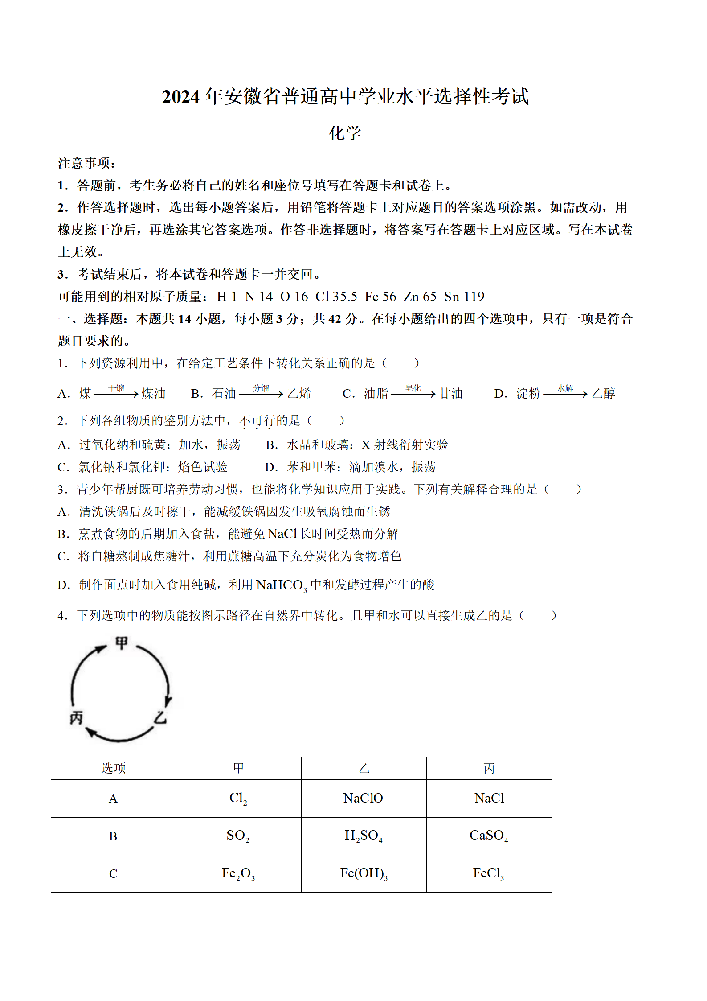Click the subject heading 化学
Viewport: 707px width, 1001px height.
coord(345,133)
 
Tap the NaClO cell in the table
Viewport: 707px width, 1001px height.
coord(363,798)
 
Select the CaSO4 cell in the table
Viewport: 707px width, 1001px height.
coord(489,836)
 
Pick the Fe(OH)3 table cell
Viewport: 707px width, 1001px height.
coord(364,873)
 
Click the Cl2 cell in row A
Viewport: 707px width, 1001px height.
coord(238,798)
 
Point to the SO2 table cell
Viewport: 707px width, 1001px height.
coord(238,836)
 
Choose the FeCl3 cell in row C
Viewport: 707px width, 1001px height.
coord(489,873)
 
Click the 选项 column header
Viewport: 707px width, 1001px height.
coord(113,768)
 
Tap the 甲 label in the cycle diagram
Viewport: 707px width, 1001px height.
coord(121,643)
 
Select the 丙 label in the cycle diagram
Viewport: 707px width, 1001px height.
coord(76,718)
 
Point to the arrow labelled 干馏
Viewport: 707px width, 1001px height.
coord(116,394)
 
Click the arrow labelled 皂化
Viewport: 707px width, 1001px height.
coord(413,394)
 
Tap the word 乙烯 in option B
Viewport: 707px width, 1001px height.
coord(299,394)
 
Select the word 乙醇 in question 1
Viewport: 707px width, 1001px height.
coord(604,394)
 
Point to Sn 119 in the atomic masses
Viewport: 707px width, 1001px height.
coord(464,297)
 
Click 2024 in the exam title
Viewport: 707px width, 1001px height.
coord(180,97)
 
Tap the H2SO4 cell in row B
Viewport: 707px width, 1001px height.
coord(364,836)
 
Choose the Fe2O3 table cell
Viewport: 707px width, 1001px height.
coord(238,873)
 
